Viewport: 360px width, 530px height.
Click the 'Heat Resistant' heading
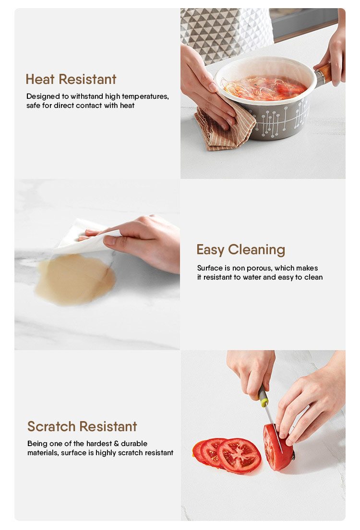pyautogui.click(x=71, y=80)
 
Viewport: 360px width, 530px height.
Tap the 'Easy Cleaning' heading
pyautogui.click(x=241, y=250)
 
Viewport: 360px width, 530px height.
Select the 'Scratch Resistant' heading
pyautogui.click(x=82, y=426)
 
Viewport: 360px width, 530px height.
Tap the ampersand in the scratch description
pyautogui.click(x=116, y=444)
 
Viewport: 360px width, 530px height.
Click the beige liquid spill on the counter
pyautogui.click(x=75, y=279)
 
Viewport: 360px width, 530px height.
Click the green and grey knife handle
pyautogui.click(x=263, y=395)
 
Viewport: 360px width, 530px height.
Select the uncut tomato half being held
pyautogui.click(x=278, y=448)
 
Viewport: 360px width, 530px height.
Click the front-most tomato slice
pyautogui.click(x=239, y=456)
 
